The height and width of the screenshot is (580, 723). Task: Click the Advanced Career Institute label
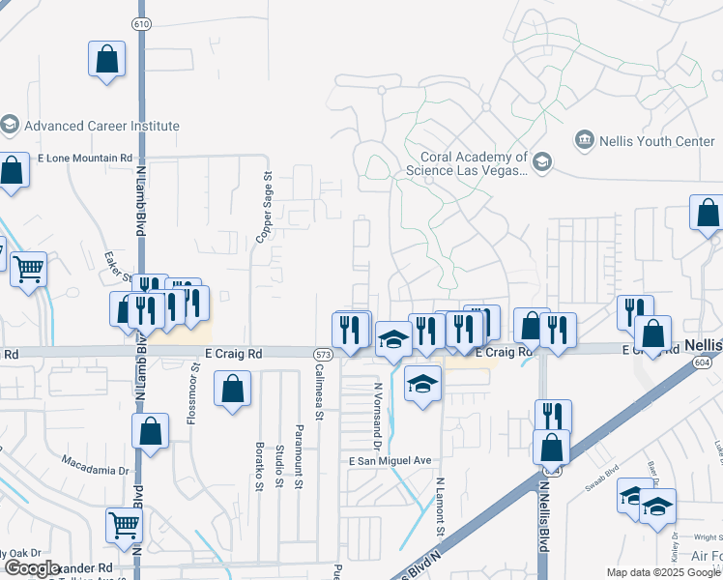(x=101, y=126)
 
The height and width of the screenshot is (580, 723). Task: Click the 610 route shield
(x=142, y=23)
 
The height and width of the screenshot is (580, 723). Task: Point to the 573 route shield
(x=323, y=356)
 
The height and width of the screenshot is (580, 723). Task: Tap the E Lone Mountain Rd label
(x=84, y=158)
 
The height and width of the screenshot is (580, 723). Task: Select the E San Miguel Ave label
(x=389, y=462)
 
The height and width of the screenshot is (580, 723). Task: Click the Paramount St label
(x=300, y=449)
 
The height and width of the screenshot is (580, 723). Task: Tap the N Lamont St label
(x=440, y=507)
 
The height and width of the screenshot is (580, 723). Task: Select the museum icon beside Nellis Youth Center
(x=583, y=142)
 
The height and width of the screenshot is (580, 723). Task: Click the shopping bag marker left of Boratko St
(x=232, y=391)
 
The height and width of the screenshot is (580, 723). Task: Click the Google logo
(x=33, y=568)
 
